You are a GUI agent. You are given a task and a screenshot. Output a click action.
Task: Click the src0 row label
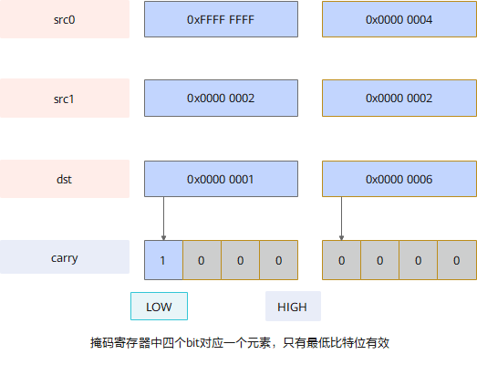tap(65, 19)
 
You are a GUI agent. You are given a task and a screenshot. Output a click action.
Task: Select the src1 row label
tap(65, 98)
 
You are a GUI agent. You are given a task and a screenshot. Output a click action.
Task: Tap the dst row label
tap(65, 179)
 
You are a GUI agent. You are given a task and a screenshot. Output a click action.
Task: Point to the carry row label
tap(65, 257)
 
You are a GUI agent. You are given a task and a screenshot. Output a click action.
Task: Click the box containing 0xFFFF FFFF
tap(221, 19)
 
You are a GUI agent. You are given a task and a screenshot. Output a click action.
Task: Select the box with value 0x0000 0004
tap(399, 19)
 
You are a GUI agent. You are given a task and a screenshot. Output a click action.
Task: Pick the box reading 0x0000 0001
tap(221, 179)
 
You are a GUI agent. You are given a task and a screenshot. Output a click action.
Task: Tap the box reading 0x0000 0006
tap(399, 179)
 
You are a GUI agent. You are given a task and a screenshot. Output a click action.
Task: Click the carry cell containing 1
tap(163, 260)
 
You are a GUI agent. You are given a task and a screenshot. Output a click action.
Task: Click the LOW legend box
tap(159, 307)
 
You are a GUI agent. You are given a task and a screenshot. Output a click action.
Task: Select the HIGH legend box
tap(293, 307)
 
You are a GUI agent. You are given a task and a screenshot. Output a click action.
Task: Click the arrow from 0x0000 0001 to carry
tap(163, 219)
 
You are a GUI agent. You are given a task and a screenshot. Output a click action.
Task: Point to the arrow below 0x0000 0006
tap(341, 219)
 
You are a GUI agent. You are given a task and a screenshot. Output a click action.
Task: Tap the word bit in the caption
tap(192, 343)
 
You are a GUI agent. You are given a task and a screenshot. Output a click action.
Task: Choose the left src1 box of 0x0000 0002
tap(221, 98)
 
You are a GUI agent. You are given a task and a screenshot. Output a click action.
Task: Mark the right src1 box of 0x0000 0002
tap(399, 98)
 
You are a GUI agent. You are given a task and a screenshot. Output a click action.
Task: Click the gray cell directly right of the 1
tap(202, 260)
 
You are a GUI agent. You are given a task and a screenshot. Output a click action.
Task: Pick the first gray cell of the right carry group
tap(341, 260)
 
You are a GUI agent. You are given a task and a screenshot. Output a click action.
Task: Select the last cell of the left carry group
tap(279, 260)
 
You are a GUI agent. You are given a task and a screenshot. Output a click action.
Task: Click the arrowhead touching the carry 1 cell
tap(163, 238)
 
